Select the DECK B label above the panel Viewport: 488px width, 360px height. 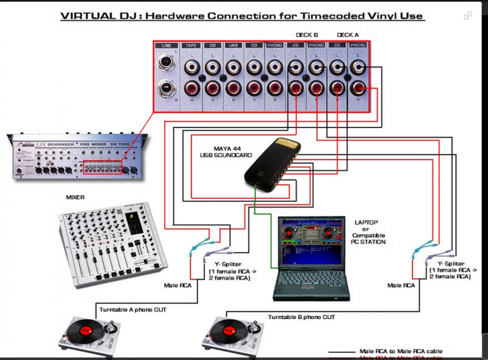pos(307,35)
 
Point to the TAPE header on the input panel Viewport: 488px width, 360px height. pos(192,46)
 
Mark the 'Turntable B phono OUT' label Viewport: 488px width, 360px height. pos(301,317)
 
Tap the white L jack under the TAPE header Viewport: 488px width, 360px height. pos(192,65)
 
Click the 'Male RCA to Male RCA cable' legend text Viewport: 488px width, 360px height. pos(399,351)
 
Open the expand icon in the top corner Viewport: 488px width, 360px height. pos(468,16)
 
